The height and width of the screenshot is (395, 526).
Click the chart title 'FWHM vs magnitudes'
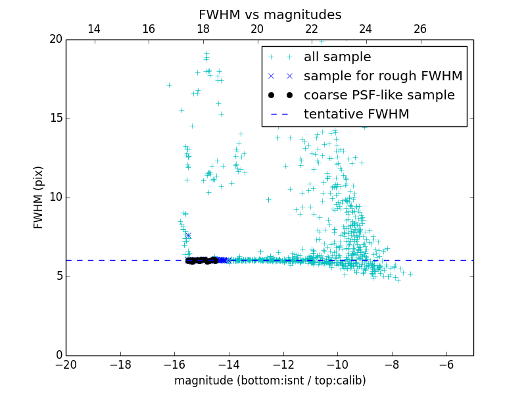(270, 14)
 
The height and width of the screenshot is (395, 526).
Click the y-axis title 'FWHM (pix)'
(39, 197)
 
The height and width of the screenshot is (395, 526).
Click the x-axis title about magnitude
(270, 381)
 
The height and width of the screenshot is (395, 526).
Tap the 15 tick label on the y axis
(55, 118)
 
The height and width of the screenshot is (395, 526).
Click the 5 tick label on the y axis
(58, 276)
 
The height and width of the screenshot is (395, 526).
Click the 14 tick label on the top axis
(94, 29)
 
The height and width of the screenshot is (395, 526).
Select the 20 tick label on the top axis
(257, 29)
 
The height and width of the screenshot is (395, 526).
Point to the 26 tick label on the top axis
(420, 29)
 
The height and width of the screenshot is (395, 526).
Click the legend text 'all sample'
(337, 57)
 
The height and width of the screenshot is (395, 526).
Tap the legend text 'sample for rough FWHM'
(383, 76)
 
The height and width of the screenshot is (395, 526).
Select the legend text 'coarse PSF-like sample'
(379, 95)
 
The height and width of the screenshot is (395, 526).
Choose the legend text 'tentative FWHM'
(356, 115)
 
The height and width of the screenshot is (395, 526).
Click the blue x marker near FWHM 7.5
(188, 236)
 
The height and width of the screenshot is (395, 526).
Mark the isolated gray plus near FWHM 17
(169, 85)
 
